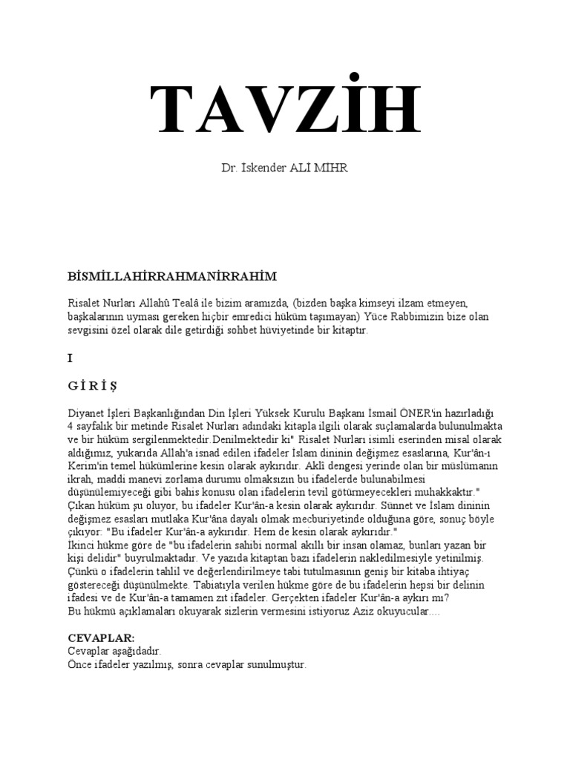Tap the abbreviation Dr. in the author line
point(229,169)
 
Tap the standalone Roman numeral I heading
point(70,358)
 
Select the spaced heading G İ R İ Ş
point(92,385)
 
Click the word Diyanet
point(85,413)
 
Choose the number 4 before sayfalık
point(71,426)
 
